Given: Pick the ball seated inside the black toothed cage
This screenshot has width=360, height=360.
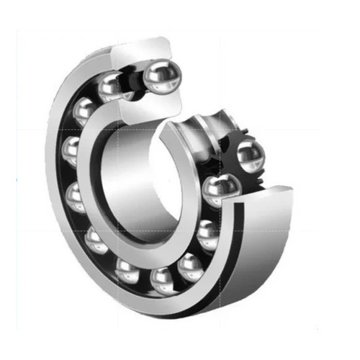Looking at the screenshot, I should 249,154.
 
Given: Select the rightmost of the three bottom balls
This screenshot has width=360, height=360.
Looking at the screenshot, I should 190,267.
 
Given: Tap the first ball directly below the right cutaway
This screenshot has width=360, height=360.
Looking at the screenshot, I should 207,235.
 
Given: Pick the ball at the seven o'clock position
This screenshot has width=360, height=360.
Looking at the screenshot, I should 96,240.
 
